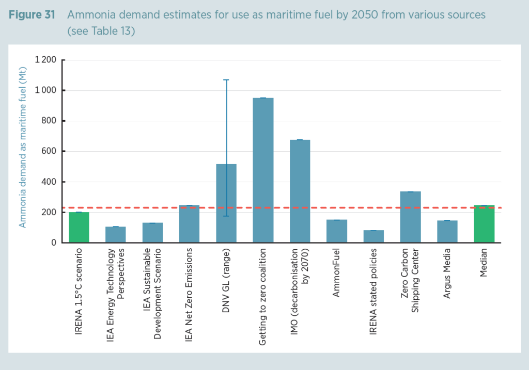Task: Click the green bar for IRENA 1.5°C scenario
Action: click(x=79, y=228)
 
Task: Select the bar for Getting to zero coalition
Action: click(x=263, y=170)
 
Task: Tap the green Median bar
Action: click(x=484, y=224)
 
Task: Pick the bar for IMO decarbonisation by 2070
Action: click(x=300, y=191)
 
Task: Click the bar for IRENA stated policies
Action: click(x=374, y=236)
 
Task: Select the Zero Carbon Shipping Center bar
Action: click(x=410, y=217)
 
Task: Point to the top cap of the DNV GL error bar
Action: click(x=226, y=80)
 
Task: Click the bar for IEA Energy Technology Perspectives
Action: click(x=116, y=235)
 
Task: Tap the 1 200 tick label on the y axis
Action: click(x=46, y=60)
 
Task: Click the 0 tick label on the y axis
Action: click(x=54, y=243)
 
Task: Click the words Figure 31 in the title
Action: click(x=32, y=14)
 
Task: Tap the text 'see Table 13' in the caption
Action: click(x=101, y=31)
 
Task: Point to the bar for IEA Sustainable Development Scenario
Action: click(x=152, y=233)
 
